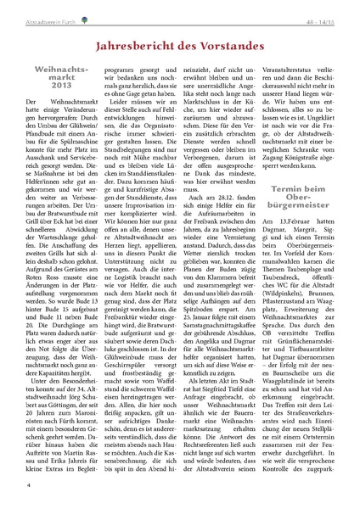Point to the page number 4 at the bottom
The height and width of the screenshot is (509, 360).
(29, 485)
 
